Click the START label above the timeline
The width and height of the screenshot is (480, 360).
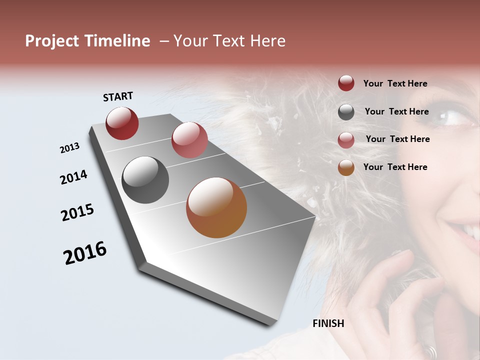click(x=118, y=96)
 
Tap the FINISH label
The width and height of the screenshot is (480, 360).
click(x=328, y=323)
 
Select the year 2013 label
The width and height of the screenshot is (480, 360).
click(x=69, y=148)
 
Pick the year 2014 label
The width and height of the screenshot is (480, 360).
click(x=73, y=177)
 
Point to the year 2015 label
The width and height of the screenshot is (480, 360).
click(x=77, y=212)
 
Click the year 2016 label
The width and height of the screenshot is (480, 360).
click(x=85, y=253)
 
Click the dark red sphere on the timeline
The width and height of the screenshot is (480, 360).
click(x=122, y=123)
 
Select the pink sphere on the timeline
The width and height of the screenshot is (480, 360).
click(x=189, y=140)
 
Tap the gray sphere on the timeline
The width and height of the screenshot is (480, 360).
click(x=145, y=180)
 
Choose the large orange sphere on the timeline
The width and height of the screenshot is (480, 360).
click(x=216, y=207)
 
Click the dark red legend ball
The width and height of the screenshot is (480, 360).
click(x=346, y=83)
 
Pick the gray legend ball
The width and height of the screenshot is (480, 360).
click(x=346, y=112)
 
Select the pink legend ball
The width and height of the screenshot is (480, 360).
click(x=346, y=140)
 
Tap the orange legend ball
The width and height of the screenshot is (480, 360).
click(x=346, y=167)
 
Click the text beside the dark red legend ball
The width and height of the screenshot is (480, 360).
click(x=395, y=84)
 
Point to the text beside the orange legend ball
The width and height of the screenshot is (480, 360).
click(x=395, y=167)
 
